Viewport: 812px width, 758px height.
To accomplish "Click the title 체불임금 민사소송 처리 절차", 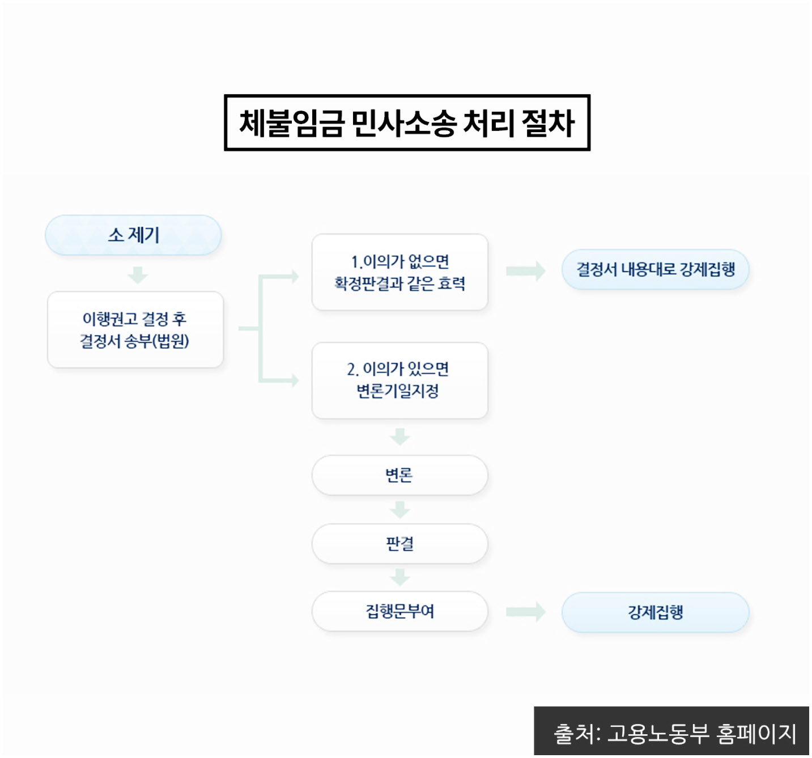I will click(x=407, y=123).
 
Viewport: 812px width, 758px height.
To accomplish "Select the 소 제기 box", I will click(x=133, y=235).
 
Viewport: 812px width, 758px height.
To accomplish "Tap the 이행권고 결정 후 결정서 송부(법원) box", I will click(x=135, y=329).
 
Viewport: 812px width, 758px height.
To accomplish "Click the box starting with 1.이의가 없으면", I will click(x=399, y=272).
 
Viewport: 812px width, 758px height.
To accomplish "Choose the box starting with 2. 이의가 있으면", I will click(x=399, y=380).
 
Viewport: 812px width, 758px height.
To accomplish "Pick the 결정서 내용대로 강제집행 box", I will click(x=655, y=269).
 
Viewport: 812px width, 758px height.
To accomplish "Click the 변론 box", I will click(x=399, y=475).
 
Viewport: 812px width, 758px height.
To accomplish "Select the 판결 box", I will click(x=399, y=544).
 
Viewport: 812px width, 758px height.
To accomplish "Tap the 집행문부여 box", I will click(x=399, y=611).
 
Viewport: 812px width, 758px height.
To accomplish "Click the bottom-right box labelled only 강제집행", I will click(x=655, y=612).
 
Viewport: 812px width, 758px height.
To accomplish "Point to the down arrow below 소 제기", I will click(x=138, y=275).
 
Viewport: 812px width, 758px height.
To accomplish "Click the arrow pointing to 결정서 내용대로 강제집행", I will click(x=525, y=271).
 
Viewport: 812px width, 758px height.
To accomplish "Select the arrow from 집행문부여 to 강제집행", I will click(x=525, y=612).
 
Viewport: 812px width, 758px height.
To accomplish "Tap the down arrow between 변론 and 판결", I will click(x=400, y=510).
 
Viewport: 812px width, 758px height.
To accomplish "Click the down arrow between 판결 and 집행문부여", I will click(x=400, y=577).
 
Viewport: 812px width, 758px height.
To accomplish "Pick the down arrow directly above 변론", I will click(x=400, y=437).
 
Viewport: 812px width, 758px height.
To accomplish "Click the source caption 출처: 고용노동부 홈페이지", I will click(x=674, y=734).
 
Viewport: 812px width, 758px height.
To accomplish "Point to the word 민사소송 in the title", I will click(x=403, y=123).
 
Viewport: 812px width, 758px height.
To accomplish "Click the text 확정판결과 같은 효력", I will click(x=399, y=283).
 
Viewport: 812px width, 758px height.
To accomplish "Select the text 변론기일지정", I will click(x=398, y=391).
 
